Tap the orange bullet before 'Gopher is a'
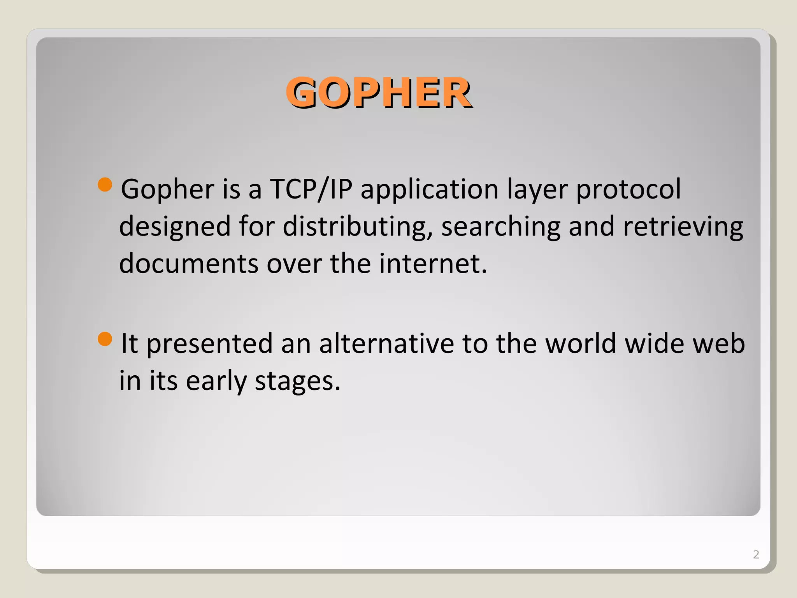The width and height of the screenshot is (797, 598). coord(105,185)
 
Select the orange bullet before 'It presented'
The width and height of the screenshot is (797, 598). coord(105,339)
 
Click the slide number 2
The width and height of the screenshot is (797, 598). coord(756,554)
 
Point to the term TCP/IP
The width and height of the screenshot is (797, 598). coord(311,189)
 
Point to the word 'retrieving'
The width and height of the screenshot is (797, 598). coord(683,227)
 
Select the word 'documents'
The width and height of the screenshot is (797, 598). coord(189,264)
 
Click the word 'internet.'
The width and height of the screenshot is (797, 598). coord(433,264)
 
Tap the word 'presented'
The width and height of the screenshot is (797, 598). coord(209,344)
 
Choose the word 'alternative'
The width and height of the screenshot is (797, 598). coord(386,343)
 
